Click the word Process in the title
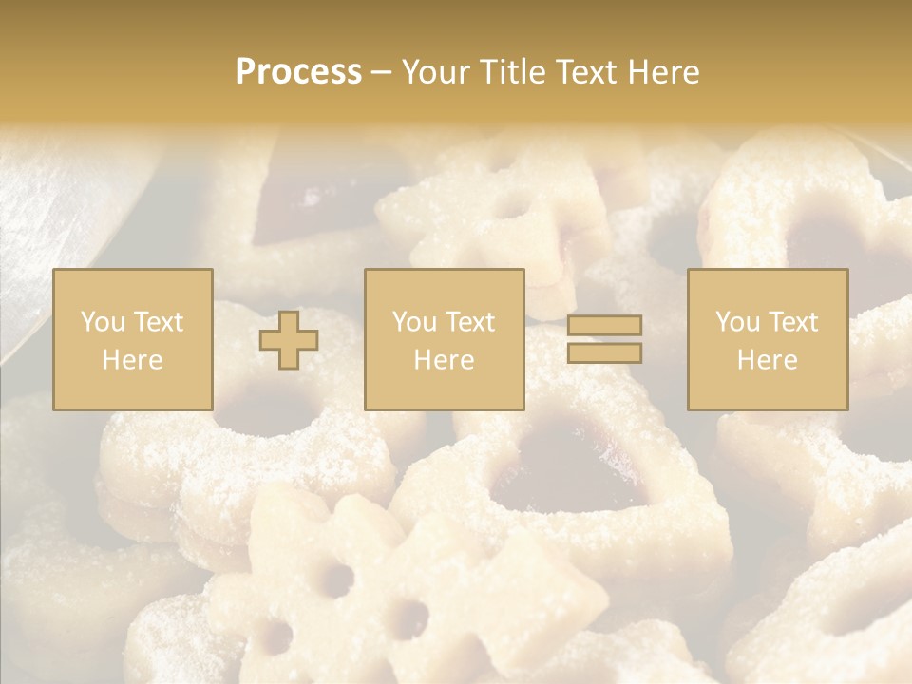pos(298,72)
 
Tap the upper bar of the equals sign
pos(604,326)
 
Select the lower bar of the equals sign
pos(604,352)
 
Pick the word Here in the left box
pos(132,360)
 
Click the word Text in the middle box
pos(471,322)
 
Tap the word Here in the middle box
pos(444,360)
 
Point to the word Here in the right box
pos(767,360)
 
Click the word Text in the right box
pos(794,322)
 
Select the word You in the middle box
pos(413,322)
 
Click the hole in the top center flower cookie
pos(514,203)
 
